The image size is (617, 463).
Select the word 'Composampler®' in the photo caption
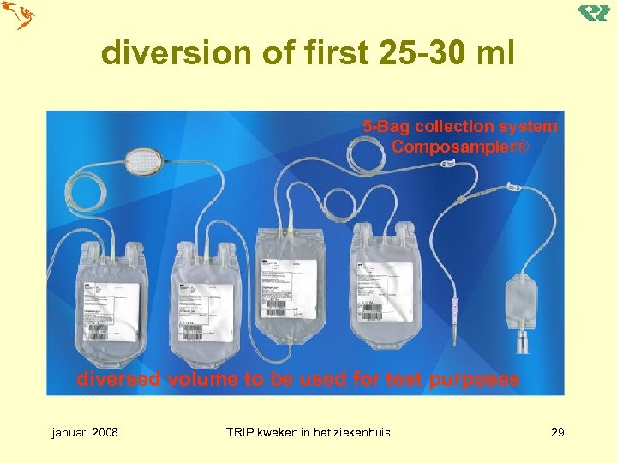[461, 147]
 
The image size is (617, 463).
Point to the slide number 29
[557, 432]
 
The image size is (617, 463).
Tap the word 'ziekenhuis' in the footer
[361, 432]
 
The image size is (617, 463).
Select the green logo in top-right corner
[593, 13]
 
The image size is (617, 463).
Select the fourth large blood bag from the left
[386, 287]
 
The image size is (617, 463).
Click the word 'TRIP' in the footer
[240, 432]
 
